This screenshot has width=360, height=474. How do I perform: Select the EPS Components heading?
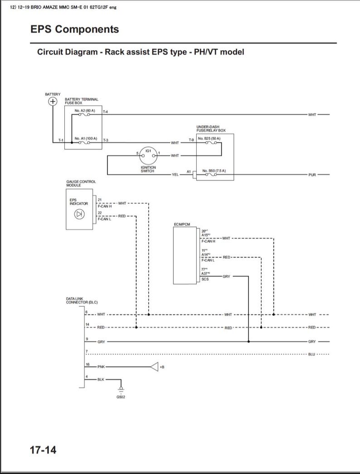coord(75,29)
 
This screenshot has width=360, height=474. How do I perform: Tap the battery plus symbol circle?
coord(53,102)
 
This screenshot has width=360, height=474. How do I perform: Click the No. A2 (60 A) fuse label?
coord(85,111)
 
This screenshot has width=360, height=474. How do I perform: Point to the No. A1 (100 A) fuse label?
coord(86,138)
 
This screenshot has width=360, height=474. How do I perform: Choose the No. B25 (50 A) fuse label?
coord(209,138)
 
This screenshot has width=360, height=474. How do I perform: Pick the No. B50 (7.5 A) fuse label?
coord(214,170)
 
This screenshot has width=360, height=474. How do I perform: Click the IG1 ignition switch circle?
coord(148,155)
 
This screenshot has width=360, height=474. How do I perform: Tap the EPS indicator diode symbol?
coord(79,213)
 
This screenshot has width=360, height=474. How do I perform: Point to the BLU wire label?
coord(311,354)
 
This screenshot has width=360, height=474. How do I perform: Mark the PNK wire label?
coord(101,366)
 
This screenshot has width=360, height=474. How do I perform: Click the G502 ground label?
coord(121,397)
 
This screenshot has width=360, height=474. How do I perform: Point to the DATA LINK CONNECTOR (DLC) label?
coord(82,300)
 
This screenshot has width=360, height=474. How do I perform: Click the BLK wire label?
coord(101,379)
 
